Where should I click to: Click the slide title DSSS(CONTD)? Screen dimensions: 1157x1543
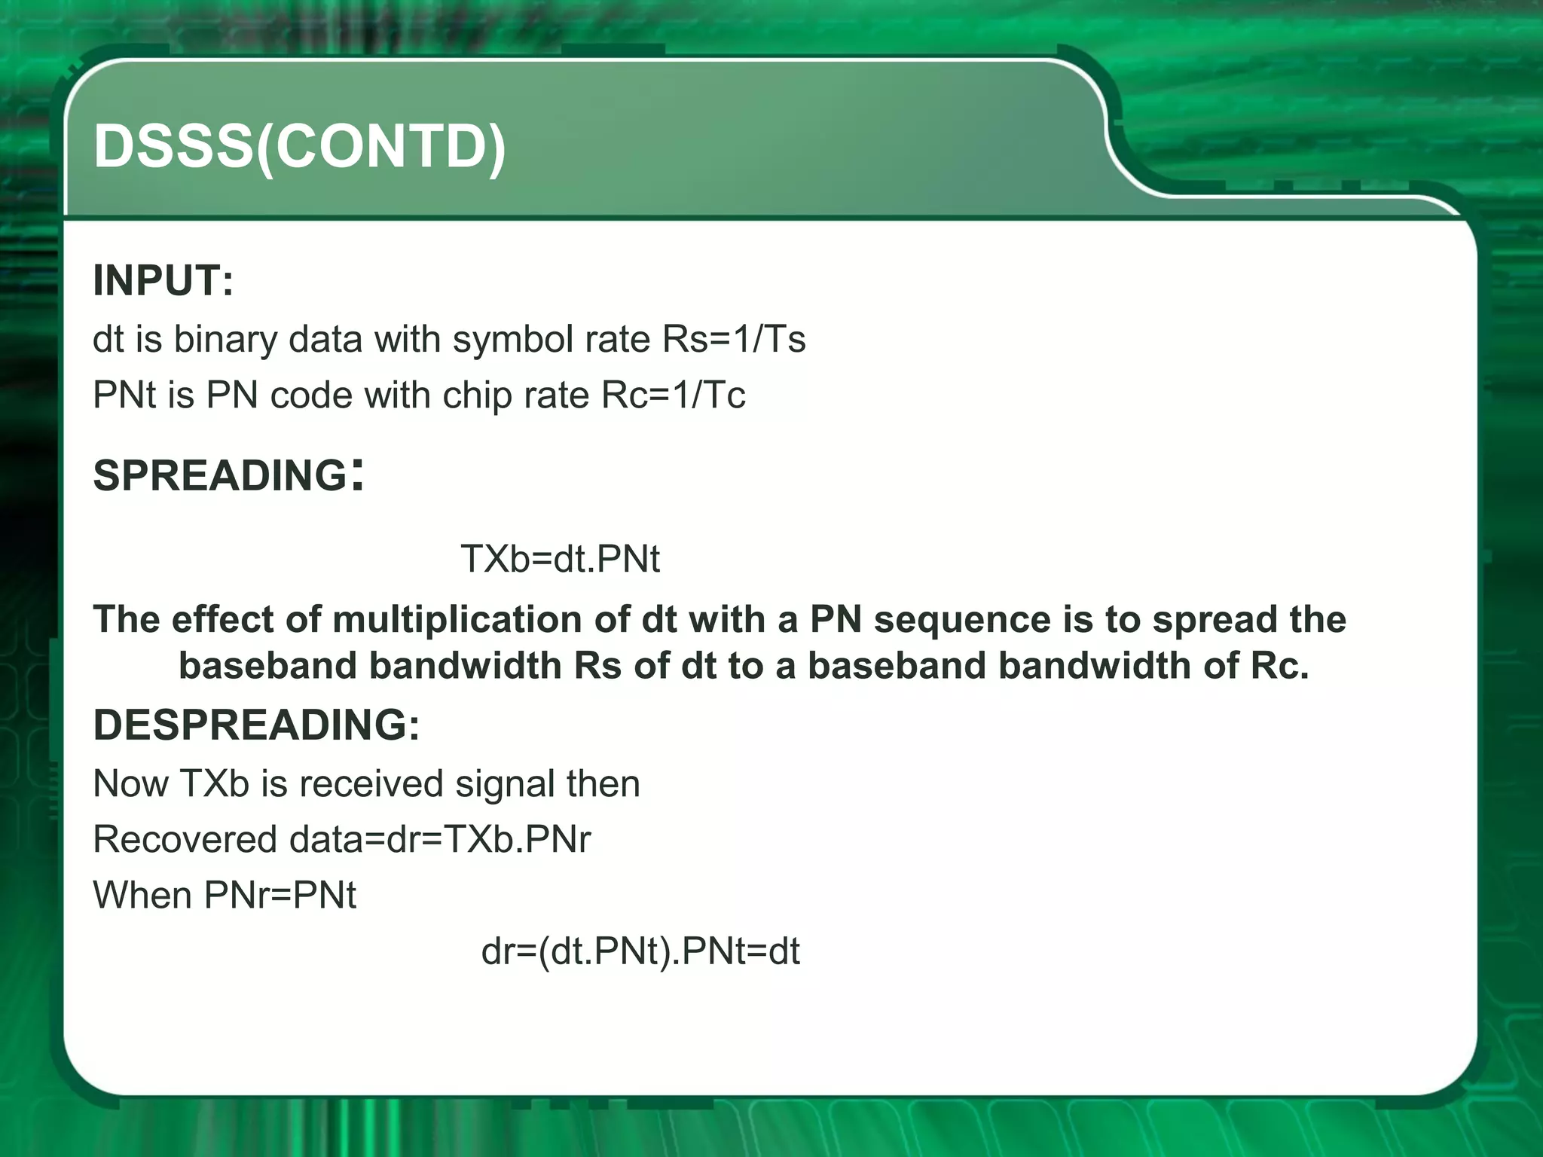point(299,146)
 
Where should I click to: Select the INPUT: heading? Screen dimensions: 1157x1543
point(163,280)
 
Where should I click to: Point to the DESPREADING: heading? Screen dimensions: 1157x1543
point(256,725)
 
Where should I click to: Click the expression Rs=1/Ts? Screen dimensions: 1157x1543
point(734,339)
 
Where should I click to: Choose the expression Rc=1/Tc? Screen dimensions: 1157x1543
point(674,395)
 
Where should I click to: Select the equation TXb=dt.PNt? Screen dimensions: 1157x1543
point(560,559)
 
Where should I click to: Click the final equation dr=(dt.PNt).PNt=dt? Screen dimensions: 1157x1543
point(640,951)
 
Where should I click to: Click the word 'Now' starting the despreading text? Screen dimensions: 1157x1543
point(130,783)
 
